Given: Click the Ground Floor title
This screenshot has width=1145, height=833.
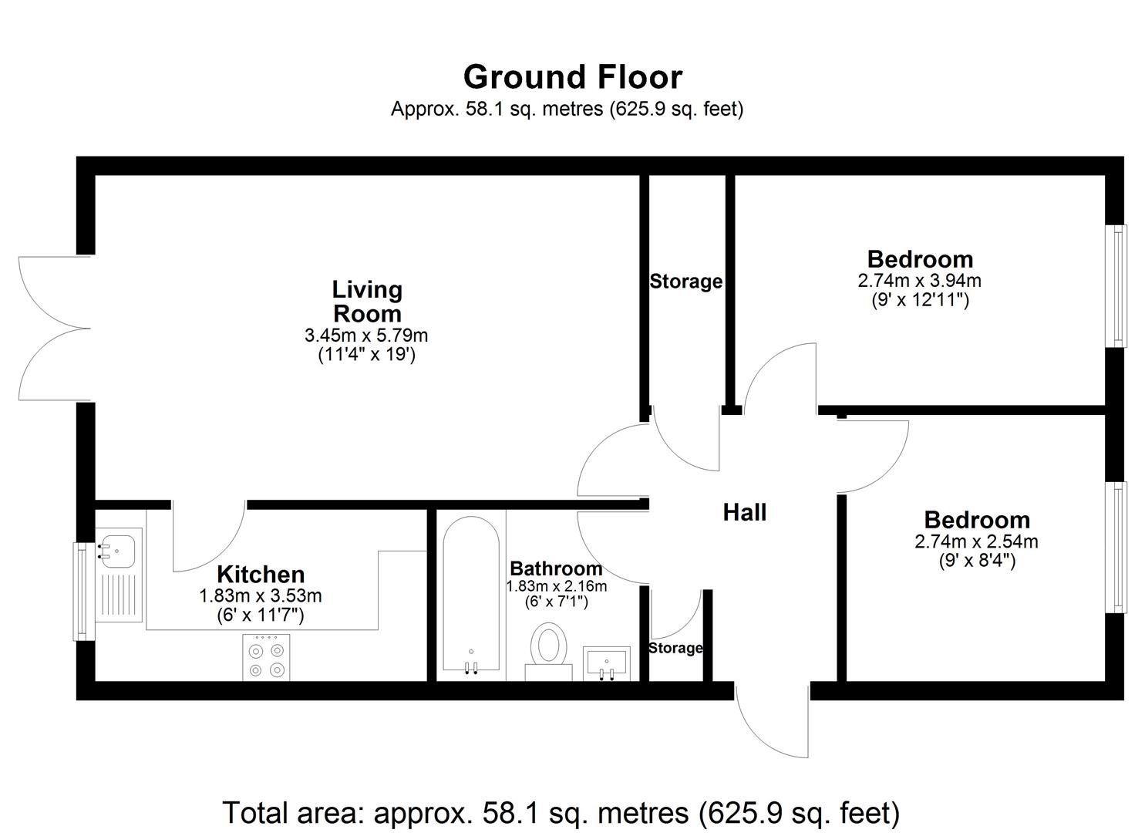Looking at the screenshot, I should click(572, 77).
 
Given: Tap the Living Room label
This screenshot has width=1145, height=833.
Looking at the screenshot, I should click(367, 302).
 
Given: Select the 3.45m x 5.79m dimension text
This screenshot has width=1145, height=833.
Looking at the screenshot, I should click(366, 336).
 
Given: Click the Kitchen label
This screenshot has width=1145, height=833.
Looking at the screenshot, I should click(261, 574).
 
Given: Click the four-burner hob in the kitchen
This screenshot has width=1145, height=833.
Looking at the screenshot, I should click(266, 658).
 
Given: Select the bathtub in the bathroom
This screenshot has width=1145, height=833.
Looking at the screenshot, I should click(470, 594).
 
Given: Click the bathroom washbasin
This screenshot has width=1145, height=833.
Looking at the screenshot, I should click(606, 663).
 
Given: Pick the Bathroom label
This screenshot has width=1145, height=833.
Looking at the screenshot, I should click(556, 569).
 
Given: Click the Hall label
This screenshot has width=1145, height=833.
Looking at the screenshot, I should click(744, 512).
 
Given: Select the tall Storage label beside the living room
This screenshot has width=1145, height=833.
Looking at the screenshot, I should click(685, 282).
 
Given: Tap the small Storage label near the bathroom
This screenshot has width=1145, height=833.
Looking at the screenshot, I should click(675, 648).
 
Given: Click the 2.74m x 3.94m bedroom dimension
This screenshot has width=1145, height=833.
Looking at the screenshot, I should click(919, 281).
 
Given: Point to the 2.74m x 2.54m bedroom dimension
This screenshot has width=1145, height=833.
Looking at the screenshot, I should click(976, 541).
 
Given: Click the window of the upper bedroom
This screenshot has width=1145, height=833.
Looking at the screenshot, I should click(1116, 286).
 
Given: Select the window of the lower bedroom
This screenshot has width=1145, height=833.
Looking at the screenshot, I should click(1116, 548).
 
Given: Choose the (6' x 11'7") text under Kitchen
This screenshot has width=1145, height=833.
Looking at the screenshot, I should click(261, 615).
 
